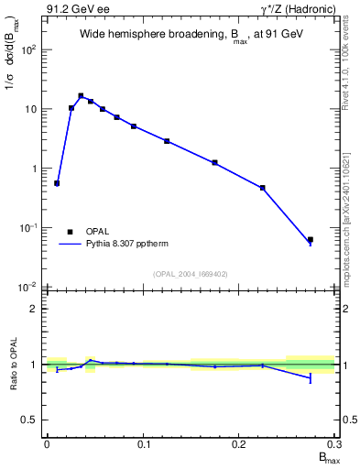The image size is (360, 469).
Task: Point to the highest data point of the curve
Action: (81, 95)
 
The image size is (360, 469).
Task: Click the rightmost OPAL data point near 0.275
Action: (311, 240)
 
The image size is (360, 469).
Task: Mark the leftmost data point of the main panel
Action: (57, 183)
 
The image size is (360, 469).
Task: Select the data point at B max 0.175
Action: (214, 162)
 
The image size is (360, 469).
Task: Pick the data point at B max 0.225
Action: (263, 188)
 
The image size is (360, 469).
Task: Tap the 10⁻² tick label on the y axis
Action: (28, 287)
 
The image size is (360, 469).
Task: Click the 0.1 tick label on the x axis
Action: (143, 444)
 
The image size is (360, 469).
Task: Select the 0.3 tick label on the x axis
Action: (335, 444)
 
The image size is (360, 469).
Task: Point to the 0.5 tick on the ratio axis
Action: (30, 420)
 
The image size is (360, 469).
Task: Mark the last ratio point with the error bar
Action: (311, 377)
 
